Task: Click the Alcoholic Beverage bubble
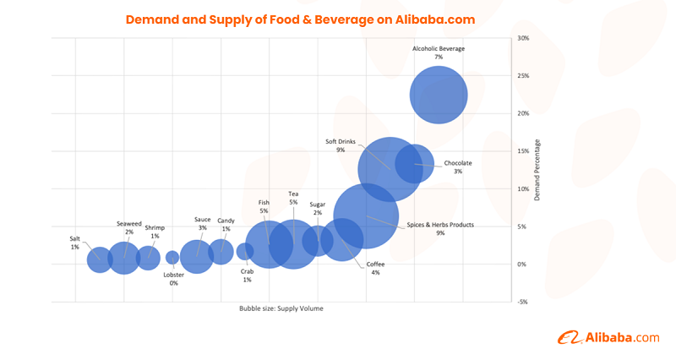click(439, 95)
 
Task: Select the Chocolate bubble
click(415, 164)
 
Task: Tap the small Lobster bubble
click(172, 258)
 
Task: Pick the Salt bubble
click(100, 259)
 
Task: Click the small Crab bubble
click(245, 251)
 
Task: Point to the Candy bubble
click(221, 251)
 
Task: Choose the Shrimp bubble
click(149, 258)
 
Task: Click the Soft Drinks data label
click(341, 145)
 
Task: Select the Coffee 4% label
click(374, 268)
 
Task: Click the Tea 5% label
click(293, 198)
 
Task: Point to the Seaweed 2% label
click(129, 227)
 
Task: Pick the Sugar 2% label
click(317, 208)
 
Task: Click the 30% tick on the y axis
click(523, 38)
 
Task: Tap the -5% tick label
click(523, 302)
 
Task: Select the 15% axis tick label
click(523, 151)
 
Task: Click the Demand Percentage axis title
click(537, 170)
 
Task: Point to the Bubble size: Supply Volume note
click(281, 309)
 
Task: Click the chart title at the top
click(300, 19)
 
